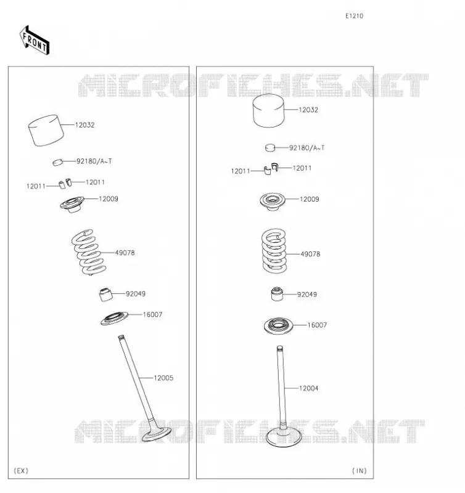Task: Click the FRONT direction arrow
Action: pyautogui.click(x=35, y=41)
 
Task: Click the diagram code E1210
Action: pyautogui.click(x=354, y=16)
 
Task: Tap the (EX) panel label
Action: pyautogui.click(x=21, y=471)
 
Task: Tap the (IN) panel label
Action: pyautogui.click(x=360, y=471)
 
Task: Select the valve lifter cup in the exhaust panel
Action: pyautogui.click(x=46, y=130)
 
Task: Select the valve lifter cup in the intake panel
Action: pyautogui.click(x=269, y=111)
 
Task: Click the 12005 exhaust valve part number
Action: pyautogui.click(x=163, y=378)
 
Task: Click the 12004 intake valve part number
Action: pyautogui.click(x=308, y=388)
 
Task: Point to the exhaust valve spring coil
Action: pyautogui.click(x=88, y=252)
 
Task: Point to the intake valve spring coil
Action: pyautogui.click(x=274, y=251)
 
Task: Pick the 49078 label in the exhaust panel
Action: pyautogui.click(x=125, y=253)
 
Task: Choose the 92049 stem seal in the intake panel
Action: pyautogui.click(x=277, y=294)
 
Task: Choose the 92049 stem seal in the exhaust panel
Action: pyautogui.click(x=105, y=295)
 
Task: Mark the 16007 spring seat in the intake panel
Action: pyautogui.click(x=278, y=326)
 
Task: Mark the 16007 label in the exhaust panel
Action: pyautogui.click(x=152, y=315)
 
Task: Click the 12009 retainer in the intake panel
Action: pyautogui.click(x=273, y=202)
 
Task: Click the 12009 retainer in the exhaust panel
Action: pyautogui.click(x=72, y=205)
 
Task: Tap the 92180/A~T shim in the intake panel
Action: pyautogui.click(x=270, y=147)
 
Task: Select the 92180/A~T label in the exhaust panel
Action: pyautogui.click(x=94, y=161)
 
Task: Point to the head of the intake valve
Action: pyautogui.click(x=284, y=437)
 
